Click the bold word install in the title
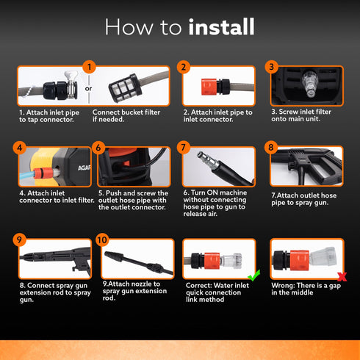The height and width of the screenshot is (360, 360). [221, 26]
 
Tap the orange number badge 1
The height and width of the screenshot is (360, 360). [89, 67]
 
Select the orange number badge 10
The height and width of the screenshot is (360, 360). [102, 240]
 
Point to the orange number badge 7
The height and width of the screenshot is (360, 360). [183, 148]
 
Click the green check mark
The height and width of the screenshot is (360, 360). [254, 276]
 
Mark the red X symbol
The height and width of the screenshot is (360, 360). [342, 277]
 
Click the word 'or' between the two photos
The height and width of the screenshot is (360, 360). [88, 88]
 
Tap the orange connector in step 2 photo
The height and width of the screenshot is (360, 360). [209, 87]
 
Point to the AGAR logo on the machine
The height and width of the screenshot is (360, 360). [84, 168]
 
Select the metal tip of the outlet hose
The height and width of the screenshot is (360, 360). [207, 159]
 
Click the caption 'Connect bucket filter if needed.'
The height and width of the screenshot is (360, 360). [126, 115]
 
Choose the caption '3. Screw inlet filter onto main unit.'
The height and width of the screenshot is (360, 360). [301, 115]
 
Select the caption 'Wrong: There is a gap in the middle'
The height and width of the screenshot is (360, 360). [306, 289]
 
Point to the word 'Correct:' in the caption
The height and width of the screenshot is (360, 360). [198, 285]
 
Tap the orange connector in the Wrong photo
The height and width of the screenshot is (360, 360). [299, 260]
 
